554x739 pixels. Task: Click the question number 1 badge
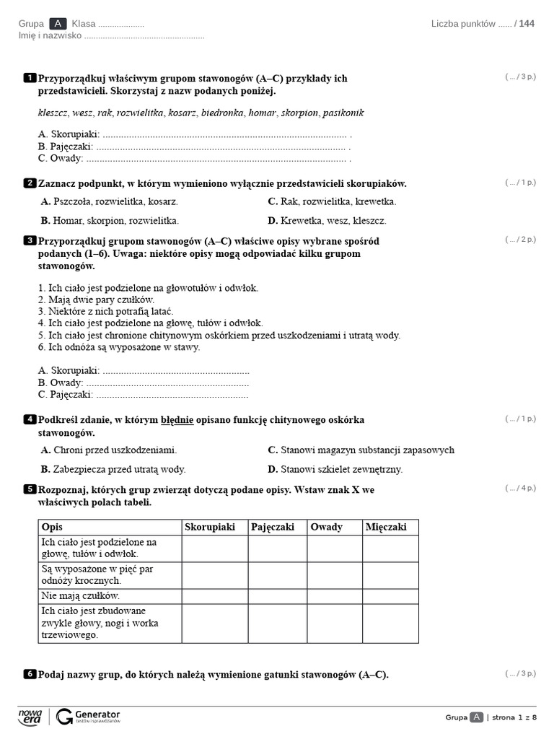[30, 78]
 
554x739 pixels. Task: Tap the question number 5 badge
[30, 489]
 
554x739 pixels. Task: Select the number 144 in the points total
[527, 24]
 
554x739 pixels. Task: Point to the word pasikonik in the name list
[343, 113]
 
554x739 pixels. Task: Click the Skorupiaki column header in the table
[211, 528]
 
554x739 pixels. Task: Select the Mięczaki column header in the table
[387, 528]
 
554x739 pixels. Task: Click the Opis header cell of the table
[53, 528]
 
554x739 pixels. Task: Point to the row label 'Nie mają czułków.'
[80, 596]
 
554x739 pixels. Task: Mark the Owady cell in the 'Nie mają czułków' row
[335, 596]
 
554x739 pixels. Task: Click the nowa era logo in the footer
[30, 716]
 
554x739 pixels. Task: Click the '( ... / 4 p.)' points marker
[520, 489]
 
